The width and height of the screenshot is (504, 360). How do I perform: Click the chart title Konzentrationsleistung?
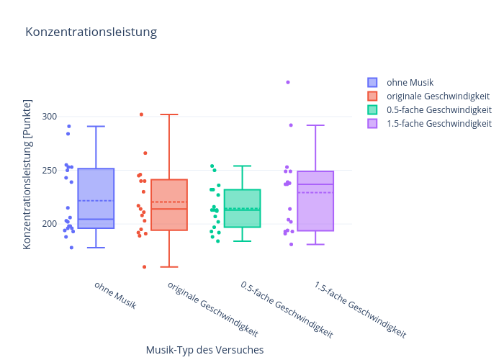click(91, 32)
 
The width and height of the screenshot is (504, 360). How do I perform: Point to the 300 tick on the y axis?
click(50, 117)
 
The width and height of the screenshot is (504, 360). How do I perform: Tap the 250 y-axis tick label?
click(50, 170)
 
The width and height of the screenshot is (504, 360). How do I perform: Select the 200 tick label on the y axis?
click(50, 224)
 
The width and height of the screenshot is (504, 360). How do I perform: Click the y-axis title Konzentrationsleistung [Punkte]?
click(27, 174)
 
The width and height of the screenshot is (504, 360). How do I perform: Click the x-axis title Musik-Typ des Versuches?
click(204, 350)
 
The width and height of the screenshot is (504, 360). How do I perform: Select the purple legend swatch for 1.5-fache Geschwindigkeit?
click(372, 123)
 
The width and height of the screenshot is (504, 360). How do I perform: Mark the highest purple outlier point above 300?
click(288, 82)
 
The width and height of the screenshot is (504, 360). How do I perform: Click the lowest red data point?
click(144, 267)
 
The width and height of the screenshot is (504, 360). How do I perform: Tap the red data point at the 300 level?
click(141, 114)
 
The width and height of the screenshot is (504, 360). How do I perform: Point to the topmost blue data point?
click(69, 126)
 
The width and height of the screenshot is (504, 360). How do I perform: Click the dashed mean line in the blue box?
click(96, 201)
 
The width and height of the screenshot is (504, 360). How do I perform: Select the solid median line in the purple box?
click(315, 184)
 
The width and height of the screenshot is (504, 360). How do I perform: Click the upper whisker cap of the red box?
click(169, 114)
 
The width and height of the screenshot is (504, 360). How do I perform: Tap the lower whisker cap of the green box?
click(243, 241)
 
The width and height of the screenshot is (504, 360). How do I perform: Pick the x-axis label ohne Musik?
click(115, 295)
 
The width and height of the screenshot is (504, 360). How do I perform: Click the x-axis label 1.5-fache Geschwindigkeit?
click(360, 310)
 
